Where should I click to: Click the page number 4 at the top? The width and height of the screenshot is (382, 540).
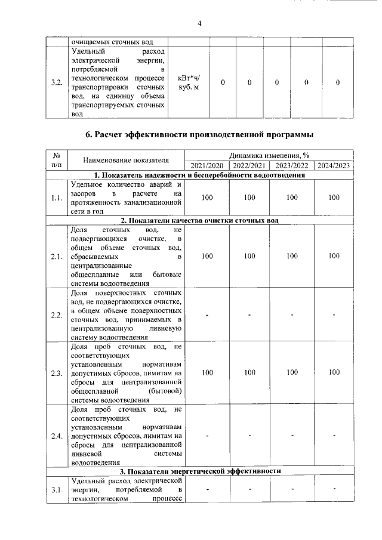200,23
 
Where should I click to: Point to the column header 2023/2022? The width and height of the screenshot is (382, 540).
291,165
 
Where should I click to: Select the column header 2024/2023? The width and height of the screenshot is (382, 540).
334,165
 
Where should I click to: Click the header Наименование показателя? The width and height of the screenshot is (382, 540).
126,160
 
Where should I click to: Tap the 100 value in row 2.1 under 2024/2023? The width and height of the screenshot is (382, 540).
334,256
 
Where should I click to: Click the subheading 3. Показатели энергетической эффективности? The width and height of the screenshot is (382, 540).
200,471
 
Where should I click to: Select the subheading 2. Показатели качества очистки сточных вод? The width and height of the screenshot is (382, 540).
200,221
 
